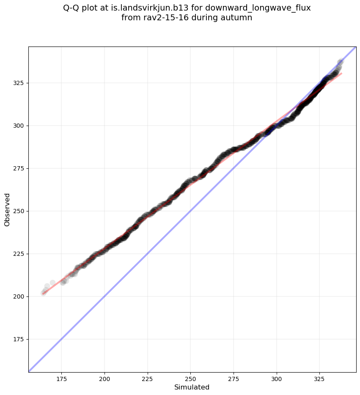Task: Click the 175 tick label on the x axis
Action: point(61,379)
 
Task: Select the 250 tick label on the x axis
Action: point(190,379)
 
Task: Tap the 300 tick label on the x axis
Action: point(277,379)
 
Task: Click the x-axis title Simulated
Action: point(192,387)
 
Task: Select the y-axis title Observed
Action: point(7,209)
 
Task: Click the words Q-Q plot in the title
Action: point(80,8)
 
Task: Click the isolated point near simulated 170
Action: point(52,283)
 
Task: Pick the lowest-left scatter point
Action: point(44,293)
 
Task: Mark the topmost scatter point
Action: point(341,61)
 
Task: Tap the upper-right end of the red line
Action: point(342,73)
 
